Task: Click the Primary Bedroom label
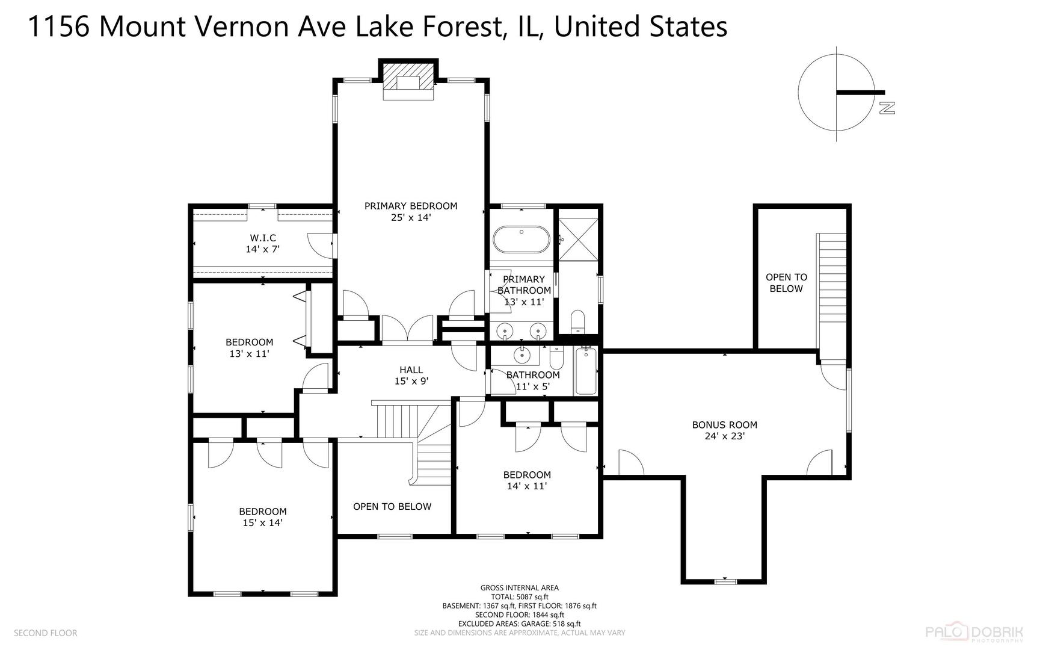pyautogui.click(x=411, y=206)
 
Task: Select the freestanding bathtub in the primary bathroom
pyautogui.click(x=522, y=240)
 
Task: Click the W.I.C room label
pyautogui.click(x=263, y=238)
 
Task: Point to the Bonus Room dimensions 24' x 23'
pyautogui.click(x=725, y=436)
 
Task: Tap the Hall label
pyautogui.click(x=411, y=370)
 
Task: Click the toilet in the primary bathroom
pyautogui.click(x=577, y=321)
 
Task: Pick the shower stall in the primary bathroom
pyautogui.click(x=578, y=239)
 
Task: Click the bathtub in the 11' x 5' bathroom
pyautogui.click(x=586, y=371)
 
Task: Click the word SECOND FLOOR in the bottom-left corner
pyautogui.click(x=45, y=633)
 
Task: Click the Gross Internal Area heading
pyautogui.click(x=519, y=588)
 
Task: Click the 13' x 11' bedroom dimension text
pyautogui.click(x=249, y=354)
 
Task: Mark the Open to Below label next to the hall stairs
pyautogui.click(x=392, y=507)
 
